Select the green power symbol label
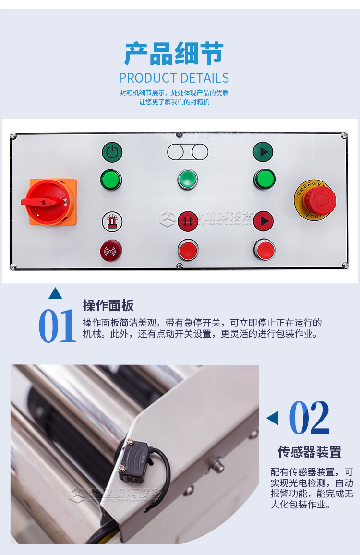pyautogui.click(x=112, y=153)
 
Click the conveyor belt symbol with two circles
pyautogui.click(x=188, y=152)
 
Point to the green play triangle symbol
pyautogui.click(x=263, y=152)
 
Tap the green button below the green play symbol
pyautogui.click(x=264, y=180)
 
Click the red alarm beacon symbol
pyautogui.click(x=112, y=221)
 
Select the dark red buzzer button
pyautogui.click(x=111, y=250)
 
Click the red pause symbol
pyautogui.click(x=188, y=221)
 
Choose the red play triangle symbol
pyautogui.click(x=263, y=221)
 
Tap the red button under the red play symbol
pyautogui.click(x=264, y=250)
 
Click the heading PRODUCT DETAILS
pyautogui.click(x=174, y=78)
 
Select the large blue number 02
pyautogui.click(x=310, y=418)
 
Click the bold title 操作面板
pyautogui.click(x=108, y=305)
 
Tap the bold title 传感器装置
pyautogui.click(x=310, y=452)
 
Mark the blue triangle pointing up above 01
pyautogui.click(x=55, y=293)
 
